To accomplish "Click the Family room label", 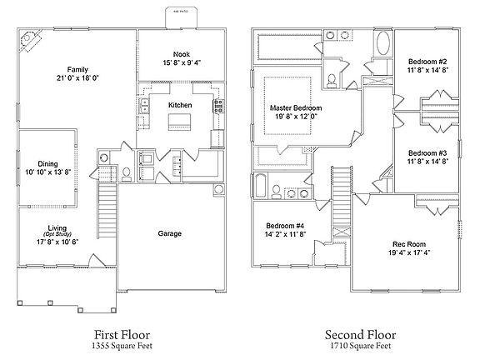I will [79, 70].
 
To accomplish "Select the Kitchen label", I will [181, 106].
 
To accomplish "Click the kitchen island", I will [181, 122].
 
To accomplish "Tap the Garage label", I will [170, 234].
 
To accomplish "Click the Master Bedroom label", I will [296, 108].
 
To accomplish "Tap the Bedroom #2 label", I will [428, 62].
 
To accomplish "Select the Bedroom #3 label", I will [428, 152].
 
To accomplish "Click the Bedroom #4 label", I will [286, 227].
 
